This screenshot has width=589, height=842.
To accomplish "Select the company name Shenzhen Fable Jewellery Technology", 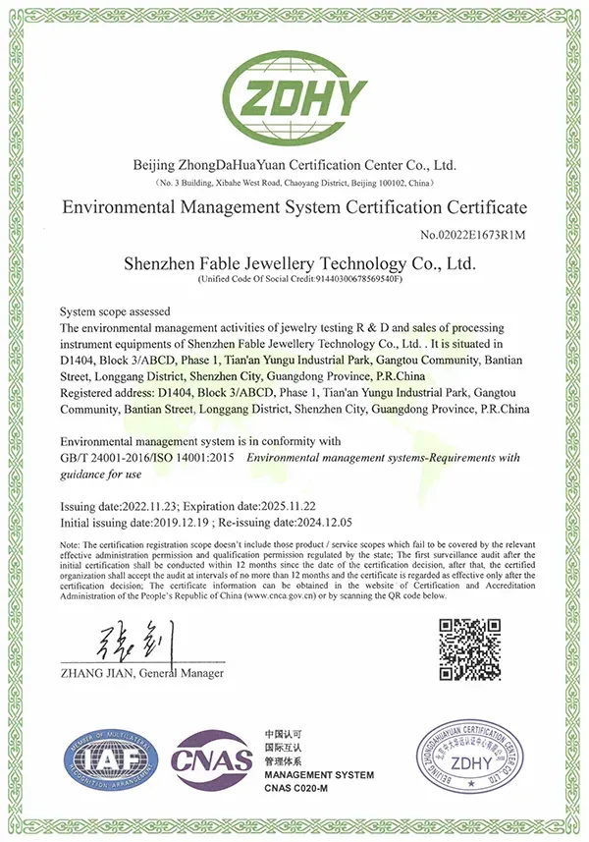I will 294,263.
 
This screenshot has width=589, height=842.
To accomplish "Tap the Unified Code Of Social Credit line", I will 294,280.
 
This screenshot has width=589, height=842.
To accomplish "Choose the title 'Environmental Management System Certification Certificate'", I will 294,207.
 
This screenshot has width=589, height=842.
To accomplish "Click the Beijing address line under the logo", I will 294,184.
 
